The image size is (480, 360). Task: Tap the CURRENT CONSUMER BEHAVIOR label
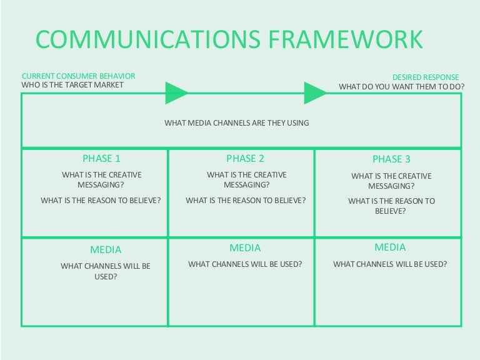pyautogui.click(x=78, y=76)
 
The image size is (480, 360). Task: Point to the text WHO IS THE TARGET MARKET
pyautogui.click(x=72, y=85)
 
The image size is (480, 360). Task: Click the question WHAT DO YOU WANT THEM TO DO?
pyautogui.click(x=400, y=87)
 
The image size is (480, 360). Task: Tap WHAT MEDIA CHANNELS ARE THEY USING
pyautogui.click(x=236, y=123)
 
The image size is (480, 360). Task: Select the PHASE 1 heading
pyautogui.click(x=101, y=159)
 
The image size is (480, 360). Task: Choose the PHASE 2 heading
pyautogui.click(x=245, y=159)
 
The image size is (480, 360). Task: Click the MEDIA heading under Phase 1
pyautogui.click(x=106, y=249)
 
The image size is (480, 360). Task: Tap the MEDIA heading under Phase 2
pyautogui.click(x=245, y=248)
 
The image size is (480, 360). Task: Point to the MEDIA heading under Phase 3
pyautogui.click(x=390, y=247)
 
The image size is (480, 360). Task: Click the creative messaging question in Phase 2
pyautogui.click(x=246, y=180)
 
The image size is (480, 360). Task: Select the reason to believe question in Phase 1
pyautogui.click(x=101, y=201)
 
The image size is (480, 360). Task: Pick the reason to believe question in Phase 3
pyautogui.click(x=391, y=206)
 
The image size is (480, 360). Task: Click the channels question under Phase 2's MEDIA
pyautogui.click(x=245, y=264)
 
